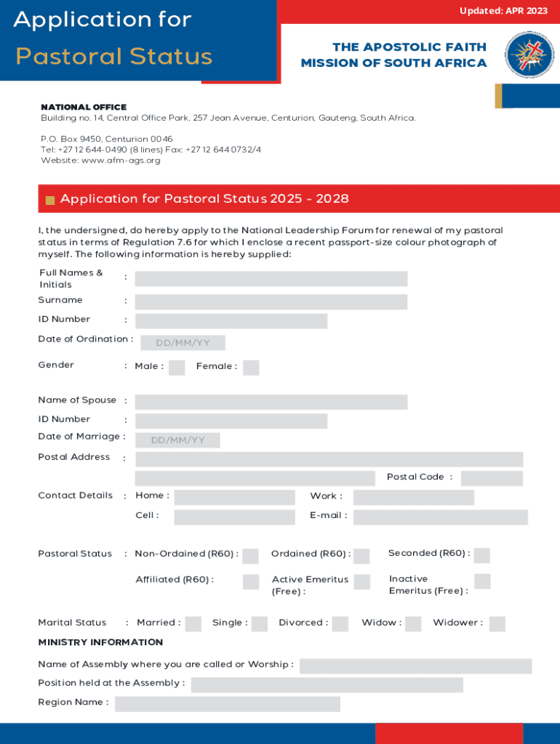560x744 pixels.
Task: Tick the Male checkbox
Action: tap(177, 368)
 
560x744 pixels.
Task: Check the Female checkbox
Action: tap(251, 368)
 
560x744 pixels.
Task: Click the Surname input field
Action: tap(271, 302)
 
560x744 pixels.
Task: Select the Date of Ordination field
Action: tap(180, 343)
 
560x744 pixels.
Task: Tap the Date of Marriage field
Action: tap(177, 440)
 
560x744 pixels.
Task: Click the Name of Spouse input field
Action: tap(271, 402)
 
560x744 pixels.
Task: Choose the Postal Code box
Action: tap(492, 478)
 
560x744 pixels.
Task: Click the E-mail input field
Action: tap(440, 517)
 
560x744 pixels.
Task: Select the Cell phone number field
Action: tap(234, 517)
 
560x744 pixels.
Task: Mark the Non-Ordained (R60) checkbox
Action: tap(250, 556)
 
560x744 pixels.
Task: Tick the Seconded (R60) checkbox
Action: tap(481, 555)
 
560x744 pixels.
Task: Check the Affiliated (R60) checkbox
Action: tap(250, 581)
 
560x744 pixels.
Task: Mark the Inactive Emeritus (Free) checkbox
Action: tap(481, 581)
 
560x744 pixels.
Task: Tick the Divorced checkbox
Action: tap(340, 623)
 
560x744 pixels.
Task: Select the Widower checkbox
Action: tap(497, 623)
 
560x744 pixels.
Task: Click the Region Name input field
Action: tap(227, 703)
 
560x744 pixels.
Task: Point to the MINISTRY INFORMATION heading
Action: tap(100, 642)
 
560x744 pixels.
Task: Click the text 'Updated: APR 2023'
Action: tap(503, 11)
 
